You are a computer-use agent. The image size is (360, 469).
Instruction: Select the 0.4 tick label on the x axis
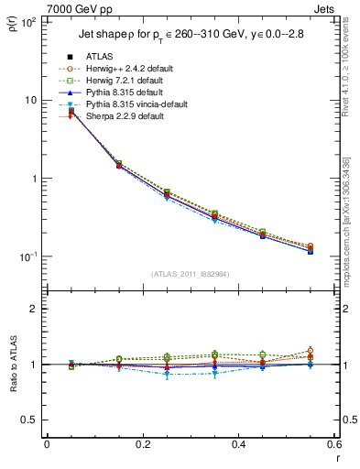pos(238,445)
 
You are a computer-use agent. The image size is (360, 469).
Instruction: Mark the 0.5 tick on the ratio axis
pos(29,420)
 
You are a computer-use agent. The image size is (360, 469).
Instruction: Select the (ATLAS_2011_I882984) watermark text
pos(190,272)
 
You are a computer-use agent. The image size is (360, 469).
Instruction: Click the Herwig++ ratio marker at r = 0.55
pos(311,351)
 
